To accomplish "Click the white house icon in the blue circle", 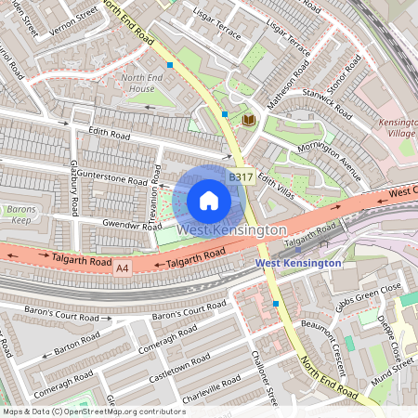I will tap(209, 200).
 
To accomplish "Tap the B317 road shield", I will tap(241, 176).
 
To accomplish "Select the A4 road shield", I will tap(123, 268).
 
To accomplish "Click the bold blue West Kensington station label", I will tap(297, 263).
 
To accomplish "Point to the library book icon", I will tap(248, 120).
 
